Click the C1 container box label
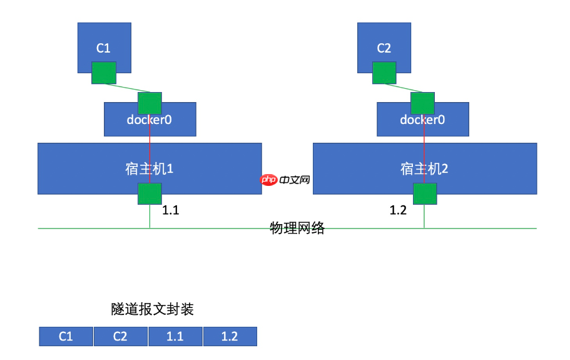103,48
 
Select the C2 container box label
384,48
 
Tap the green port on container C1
104,73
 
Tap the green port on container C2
384,73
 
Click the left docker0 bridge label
150,120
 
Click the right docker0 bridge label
422,120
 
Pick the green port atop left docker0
150,103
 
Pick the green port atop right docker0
422,103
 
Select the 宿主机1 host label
149,168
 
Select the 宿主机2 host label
424,168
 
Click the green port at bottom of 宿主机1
150,194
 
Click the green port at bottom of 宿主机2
424,194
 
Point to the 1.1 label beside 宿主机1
171,211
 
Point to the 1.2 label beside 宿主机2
399,211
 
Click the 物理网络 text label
297,228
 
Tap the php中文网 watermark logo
285,180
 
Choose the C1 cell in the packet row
66,336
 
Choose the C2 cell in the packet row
121,336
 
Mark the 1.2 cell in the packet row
230,336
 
